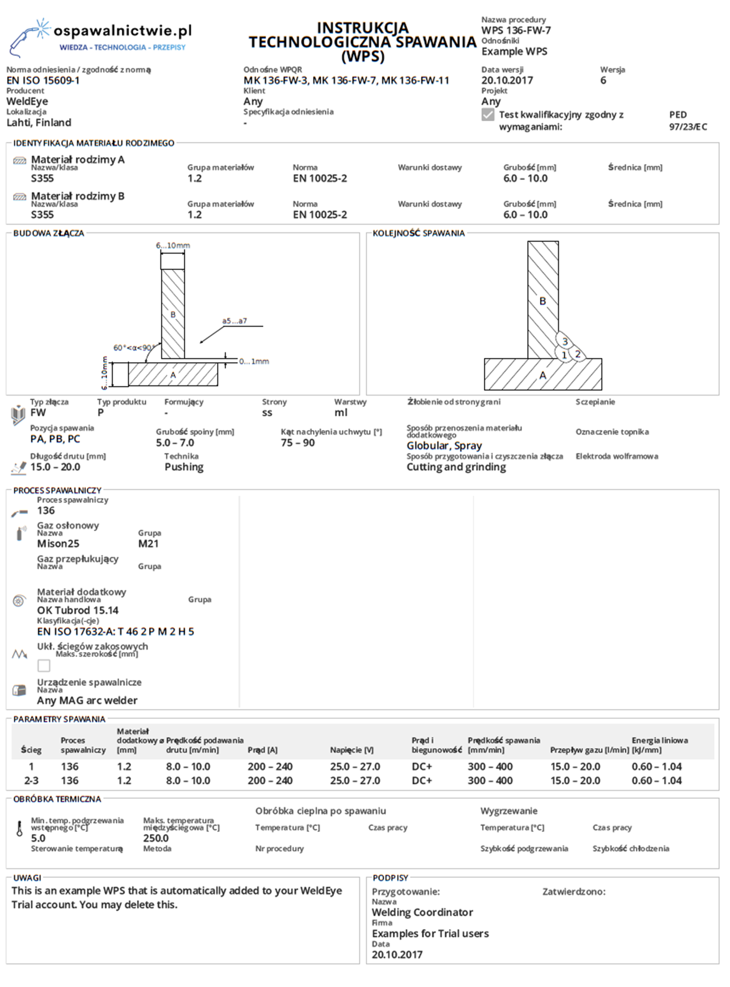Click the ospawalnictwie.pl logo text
(x=122, y=31)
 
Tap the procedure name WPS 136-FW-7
(x=516, y=30)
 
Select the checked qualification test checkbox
(x=488, y=115)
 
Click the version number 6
(x=603, y=80)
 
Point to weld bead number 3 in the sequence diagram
(x=565, y=342)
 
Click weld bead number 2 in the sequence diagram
(x=578, y=354)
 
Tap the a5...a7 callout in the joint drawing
(x=234, y=321)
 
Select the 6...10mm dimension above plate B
(x=173, y=246)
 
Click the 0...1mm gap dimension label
(x=254, y=362)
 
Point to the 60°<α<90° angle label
(x=132, y=348)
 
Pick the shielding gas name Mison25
(x=58, y=544)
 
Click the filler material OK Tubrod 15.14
(x=78, y=611)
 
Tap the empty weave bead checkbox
(x=44, y=666)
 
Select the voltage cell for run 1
(x=355, y=767)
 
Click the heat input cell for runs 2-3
(x=656, y=781)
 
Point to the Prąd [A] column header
(x=263, y=750)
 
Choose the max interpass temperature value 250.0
(x=156, y=838)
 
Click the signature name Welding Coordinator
(x=422, y=912)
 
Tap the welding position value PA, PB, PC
(x=55, y=439)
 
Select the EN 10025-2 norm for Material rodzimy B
(x=320, y=215)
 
